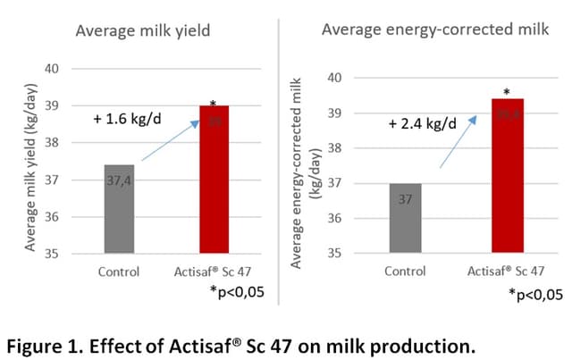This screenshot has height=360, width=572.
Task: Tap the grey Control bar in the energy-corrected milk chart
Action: point(405,218)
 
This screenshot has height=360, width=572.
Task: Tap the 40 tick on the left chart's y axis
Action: point(51,69)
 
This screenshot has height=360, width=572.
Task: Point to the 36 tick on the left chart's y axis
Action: point(51,218)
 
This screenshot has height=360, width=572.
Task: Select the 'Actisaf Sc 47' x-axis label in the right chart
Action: point(507,272)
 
